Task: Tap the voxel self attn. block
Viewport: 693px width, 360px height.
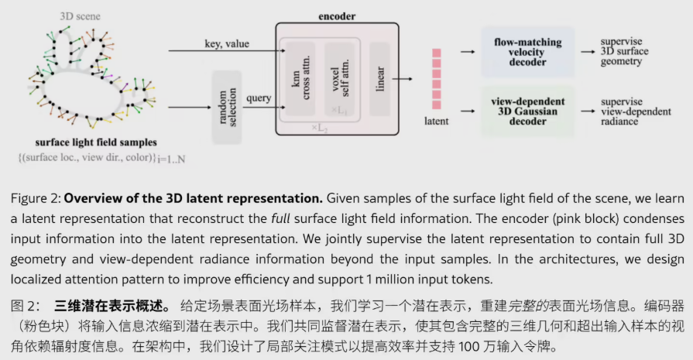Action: tap(337, 77)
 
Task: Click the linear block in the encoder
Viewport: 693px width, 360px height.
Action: tap(380, 78)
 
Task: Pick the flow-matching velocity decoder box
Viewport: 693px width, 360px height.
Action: tap(528, 50)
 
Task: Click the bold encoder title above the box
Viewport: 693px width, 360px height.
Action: tap(337, 15)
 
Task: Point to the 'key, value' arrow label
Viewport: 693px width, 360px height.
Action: tap(227, 44)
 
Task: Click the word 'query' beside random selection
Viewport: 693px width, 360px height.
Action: tap(259, 98)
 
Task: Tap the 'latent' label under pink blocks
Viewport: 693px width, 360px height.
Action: tap(437, 122)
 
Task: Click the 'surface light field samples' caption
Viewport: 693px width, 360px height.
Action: tap(96, 142)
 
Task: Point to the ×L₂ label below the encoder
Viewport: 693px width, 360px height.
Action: tap(320, 125)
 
